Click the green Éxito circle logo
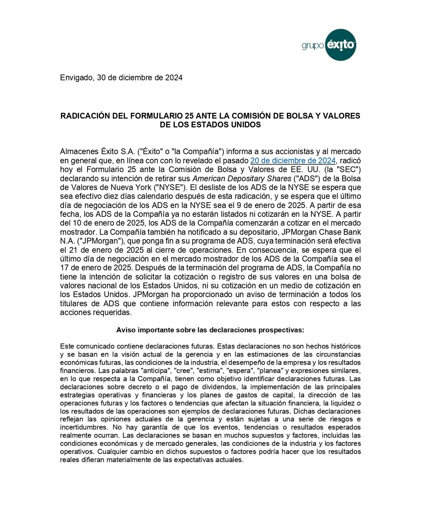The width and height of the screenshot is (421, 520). tap(340, 45)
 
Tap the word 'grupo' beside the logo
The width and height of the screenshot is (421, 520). tap(312, 45)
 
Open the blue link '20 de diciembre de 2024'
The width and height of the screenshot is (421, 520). tap(293, 161)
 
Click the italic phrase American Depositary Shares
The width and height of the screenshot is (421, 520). tap(242, 179)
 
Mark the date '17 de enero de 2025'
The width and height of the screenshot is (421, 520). tap(96, 268)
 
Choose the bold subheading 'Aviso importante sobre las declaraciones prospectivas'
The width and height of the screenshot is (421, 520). tap(210, 330)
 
